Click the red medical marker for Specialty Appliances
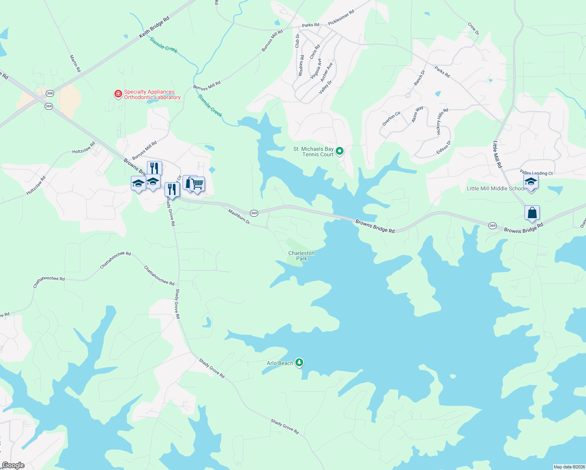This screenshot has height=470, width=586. (x=118, y=94)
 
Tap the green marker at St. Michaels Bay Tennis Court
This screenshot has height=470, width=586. (x=340, y=151)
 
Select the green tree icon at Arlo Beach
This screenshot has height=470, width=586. (x=299, y=363)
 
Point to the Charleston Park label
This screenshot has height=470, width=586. (x=302, y=256)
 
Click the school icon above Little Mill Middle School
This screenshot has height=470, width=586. (x=531, y=182)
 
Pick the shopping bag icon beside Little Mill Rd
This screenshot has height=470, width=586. (x=532, y=213)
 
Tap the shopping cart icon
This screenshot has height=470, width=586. (x=197, y=184)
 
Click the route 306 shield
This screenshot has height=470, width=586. (x=49, y=93)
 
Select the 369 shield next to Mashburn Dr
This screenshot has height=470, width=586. (x=254, y=213)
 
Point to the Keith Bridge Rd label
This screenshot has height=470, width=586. (x=154, y=27)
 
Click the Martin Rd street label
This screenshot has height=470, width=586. (x=75, y=63)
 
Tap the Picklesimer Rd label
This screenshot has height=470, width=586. (x=341, y=18)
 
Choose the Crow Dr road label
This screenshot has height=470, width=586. (x=474, y=28)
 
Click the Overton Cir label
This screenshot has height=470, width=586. (x=391, y=119)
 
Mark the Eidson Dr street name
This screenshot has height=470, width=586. (x=444, y=148)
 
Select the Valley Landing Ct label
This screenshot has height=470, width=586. (x=536, y=173)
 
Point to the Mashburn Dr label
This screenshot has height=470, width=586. (x=239, y=216)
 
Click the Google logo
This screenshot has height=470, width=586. (x=13, y=465)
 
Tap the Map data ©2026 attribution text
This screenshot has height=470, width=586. (x=569, y=467)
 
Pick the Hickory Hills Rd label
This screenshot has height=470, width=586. (x=442, y=121)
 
